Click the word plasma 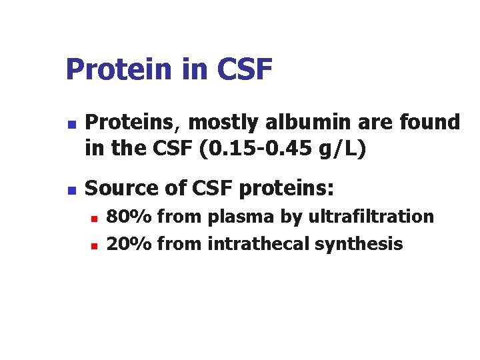[237, 217]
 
